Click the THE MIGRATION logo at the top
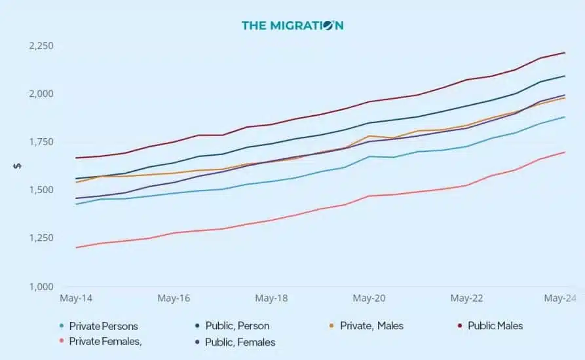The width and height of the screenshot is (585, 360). pos(292,26)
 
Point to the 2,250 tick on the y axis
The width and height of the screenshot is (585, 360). pos(41,46)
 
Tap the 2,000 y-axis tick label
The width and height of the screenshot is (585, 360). pos(41,94)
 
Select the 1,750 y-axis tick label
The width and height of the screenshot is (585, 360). pos(41,142)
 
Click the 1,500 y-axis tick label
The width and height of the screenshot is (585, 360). pos(41,190)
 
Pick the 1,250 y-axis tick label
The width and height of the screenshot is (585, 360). pos(41,238)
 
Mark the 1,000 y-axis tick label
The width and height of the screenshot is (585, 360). pos(41,286)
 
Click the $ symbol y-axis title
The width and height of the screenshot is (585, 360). pos(17,166)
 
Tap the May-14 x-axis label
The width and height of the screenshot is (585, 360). pos(76,298)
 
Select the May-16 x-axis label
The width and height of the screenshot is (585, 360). pos(174,298)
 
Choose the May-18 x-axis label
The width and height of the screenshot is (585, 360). pos(271,298)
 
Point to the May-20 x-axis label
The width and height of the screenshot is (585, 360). pos(369,298)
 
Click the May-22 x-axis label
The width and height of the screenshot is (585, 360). pos(466,298)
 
